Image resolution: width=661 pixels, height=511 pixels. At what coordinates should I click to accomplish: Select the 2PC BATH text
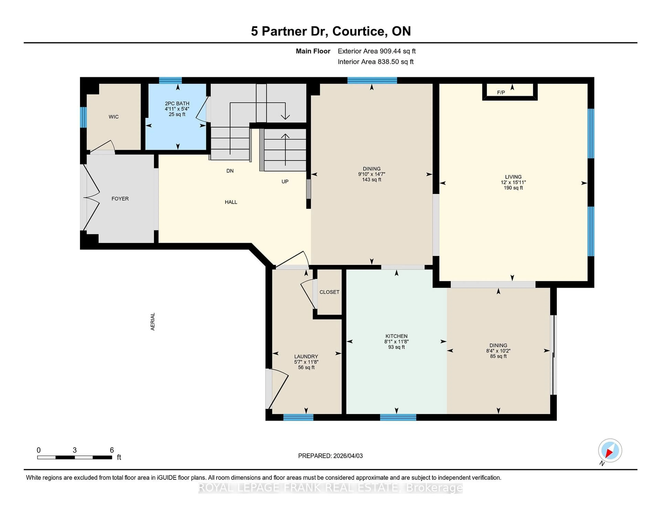click(x=177, y=103)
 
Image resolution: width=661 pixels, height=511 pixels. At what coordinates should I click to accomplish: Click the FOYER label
click(x=120, y=199)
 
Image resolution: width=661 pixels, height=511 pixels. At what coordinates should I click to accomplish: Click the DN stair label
click(x=230, y=171)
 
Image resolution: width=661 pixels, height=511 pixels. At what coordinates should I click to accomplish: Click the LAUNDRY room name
click(x=306, y=357)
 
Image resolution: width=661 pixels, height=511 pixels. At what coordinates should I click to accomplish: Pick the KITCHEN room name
click(x=396, y=336)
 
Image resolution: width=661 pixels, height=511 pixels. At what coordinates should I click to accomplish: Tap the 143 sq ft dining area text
click(x=372, y=180)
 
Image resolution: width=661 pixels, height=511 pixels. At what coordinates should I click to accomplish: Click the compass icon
click(x=610, y=450)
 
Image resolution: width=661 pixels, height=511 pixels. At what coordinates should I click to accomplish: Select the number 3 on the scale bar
click(x=75, y=450)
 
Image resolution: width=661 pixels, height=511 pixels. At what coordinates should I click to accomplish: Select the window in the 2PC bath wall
click(x=170, y=80)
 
